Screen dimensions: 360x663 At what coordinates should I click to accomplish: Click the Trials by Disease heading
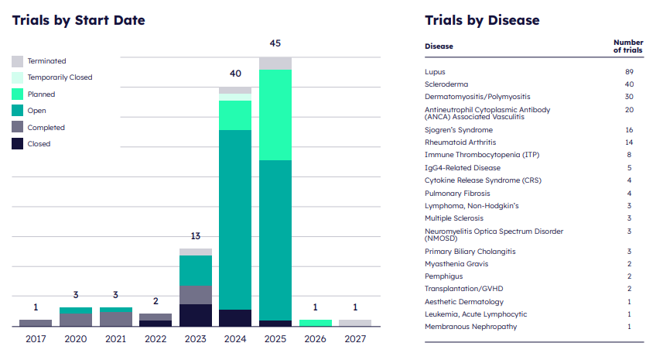482,20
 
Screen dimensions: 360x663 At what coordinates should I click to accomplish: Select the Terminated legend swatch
17,61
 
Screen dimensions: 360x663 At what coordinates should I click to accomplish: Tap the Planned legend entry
41,94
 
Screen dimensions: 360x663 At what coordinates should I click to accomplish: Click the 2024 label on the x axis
235,338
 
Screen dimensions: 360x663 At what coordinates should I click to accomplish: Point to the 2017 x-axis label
36,338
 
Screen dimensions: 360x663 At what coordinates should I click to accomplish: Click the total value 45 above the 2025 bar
275,43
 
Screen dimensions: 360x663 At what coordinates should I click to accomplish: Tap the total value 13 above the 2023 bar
196,236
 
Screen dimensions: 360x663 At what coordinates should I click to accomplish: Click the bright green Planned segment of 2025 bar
275,115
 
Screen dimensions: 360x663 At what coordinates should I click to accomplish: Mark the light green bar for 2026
315,323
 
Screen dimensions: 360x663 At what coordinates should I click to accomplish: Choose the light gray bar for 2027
355,323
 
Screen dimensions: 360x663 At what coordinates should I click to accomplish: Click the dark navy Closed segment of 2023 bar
196,315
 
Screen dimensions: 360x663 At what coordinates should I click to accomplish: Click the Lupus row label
435,72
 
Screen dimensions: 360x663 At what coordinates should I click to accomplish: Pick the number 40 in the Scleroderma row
629,84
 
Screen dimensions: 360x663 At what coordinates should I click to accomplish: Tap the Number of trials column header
627,46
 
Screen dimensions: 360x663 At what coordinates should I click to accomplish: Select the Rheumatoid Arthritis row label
460,142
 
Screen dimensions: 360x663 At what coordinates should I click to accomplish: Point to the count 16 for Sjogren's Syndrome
629,130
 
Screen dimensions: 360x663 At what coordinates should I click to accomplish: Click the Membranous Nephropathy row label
470,327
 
